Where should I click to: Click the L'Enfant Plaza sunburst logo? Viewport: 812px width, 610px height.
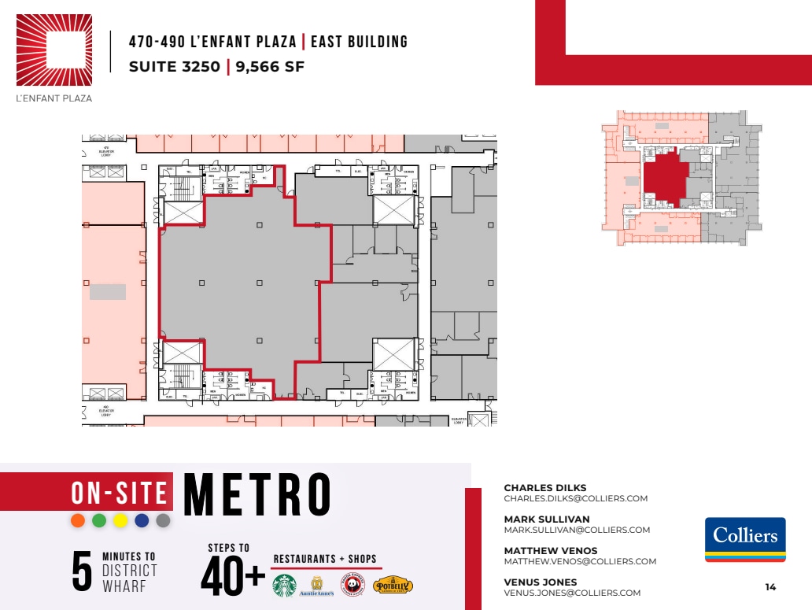(x=54, y=50)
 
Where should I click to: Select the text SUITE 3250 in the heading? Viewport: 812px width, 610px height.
(x=175, y=67)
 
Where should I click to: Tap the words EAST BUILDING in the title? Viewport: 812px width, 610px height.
(x=360, y=42)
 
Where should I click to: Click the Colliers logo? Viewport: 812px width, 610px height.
(x=745, y=539)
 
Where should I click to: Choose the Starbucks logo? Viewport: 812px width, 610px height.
(x=285, y=586)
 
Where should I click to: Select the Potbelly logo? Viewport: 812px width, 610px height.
(x=393, y=586)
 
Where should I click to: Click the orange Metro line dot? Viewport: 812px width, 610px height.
(x=78, y=520)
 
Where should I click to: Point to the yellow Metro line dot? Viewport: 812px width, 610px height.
(x=120, y=520)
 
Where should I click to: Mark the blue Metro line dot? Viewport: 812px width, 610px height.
(x=142, y=520)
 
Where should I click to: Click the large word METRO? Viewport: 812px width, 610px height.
(x=257, y=496)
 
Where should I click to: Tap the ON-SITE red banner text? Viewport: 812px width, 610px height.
(x=120, y=493)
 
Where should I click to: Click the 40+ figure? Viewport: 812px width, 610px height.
(x=233, y=579)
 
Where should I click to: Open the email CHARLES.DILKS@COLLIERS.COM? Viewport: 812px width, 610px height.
(x=575, y=498)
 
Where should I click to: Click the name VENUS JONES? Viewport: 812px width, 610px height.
(x=540, y=582)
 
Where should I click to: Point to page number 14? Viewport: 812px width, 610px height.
(x=770, y=586)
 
